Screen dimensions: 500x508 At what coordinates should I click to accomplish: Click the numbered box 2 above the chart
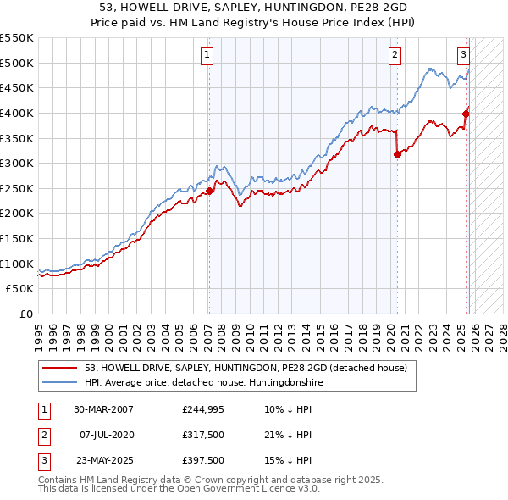pyautogui.click(x=395, y=56)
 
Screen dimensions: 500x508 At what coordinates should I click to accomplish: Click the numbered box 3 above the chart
pyautogui.click(x=464, y=56)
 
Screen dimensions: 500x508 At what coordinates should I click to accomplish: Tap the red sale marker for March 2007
pyautogui.click(x=210, y=191)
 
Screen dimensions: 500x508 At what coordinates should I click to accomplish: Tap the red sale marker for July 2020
pyautogui.click(x=397, y=154)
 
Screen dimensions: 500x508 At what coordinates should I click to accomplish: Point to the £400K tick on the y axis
pyautogui.click(x=17, y=113)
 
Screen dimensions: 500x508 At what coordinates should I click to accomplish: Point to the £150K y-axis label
pyautogui.click(x=17, y=238)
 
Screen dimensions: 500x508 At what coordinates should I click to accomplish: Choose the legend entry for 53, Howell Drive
pyautogui.click(x=246, y=368)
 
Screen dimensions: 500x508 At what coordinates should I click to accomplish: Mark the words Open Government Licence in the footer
pyautogui.click(x=243, y=488)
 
